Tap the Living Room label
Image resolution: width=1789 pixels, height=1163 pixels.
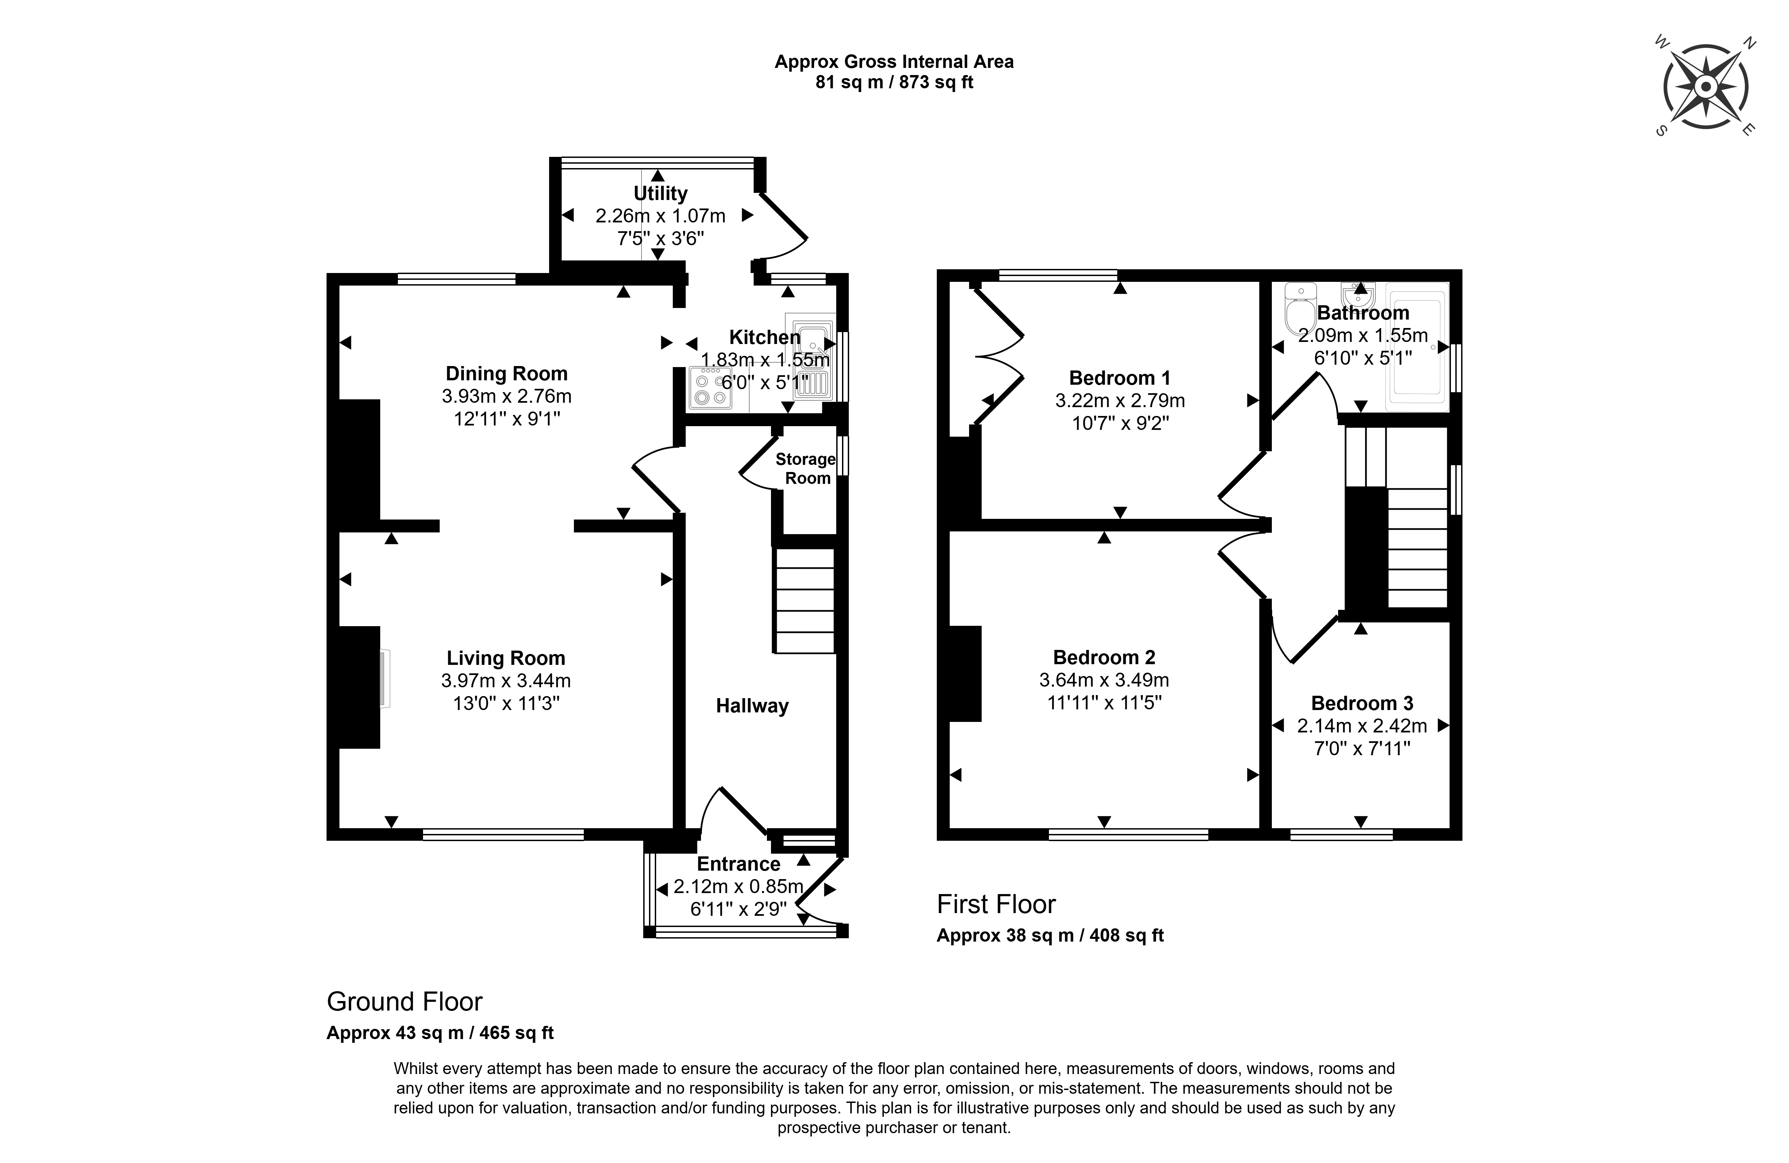coord(506,658)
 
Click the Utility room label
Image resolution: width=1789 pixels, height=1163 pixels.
coord(660,193)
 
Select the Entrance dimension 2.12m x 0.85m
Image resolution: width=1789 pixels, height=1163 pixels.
coord(738,887)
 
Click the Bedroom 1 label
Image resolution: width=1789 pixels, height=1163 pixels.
coord(1119,378)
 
